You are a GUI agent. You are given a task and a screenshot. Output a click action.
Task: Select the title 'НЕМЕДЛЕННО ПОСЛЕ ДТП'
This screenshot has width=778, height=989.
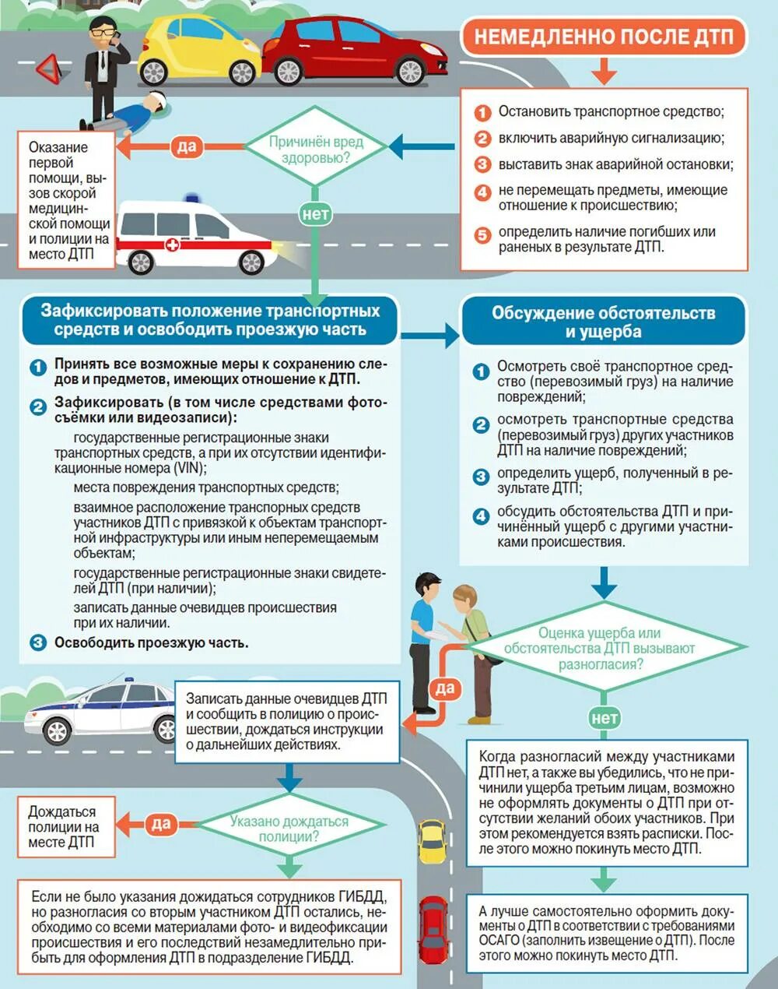tap(603, 37)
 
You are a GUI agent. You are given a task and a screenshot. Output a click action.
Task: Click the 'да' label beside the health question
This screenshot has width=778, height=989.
tap(187, 146)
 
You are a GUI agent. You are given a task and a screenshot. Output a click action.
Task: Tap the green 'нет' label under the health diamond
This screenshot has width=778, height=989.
tap(315, 213)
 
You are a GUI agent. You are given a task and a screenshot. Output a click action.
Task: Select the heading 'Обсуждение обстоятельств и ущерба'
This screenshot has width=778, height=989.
tap(603, 322)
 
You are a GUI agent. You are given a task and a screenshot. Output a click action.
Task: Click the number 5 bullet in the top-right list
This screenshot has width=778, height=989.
tap(482, 234)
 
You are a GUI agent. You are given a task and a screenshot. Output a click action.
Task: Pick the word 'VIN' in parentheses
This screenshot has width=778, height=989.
tap(189, 469)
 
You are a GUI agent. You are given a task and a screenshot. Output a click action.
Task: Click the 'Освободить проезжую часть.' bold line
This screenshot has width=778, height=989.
tap(151, 643)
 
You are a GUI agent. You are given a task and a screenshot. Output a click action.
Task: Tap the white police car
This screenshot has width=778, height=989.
tap(101, 711)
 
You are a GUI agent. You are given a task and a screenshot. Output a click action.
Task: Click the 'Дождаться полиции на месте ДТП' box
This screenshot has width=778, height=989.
tap(64, 827)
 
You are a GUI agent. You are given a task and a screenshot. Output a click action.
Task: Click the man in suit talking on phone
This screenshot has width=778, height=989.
tap(101, 70)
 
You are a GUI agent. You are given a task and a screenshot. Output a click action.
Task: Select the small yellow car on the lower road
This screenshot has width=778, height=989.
tap(432, 841)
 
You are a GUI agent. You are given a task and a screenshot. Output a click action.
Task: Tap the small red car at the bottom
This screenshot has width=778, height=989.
tap(433, 931)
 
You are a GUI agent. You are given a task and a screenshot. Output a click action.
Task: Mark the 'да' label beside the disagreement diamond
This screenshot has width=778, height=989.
tap(444, 688)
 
